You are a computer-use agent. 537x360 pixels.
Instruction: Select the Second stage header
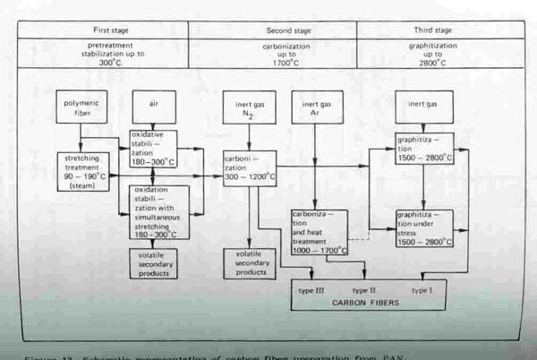272,29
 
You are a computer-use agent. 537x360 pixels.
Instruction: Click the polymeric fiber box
81,108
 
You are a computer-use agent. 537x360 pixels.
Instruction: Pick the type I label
420,290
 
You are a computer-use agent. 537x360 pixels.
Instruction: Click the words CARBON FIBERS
368,302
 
